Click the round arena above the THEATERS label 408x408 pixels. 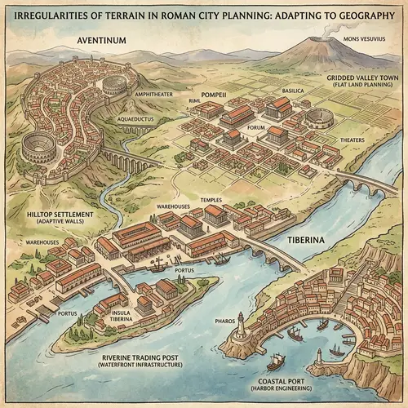(320, 120)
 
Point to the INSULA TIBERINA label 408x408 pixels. (114, 314)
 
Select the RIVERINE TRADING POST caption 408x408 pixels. (139, 357)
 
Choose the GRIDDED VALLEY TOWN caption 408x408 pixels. (361, 77)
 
